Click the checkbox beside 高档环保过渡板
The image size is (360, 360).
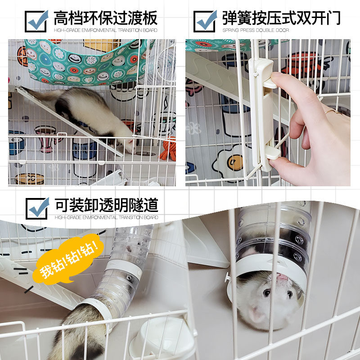coord(36,21)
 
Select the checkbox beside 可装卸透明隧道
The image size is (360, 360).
coord(37,208)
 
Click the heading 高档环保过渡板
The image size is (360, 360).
coord(106,18)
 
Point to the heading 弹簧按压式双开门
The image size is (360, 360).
coord(281,18)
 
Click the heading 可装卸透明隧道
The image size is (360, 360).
coord(107,205)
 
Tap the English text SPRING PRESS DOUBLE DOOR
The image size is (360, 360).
coord(256,30)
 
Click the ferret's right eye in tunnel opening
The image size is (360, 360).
coord(267,293)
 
